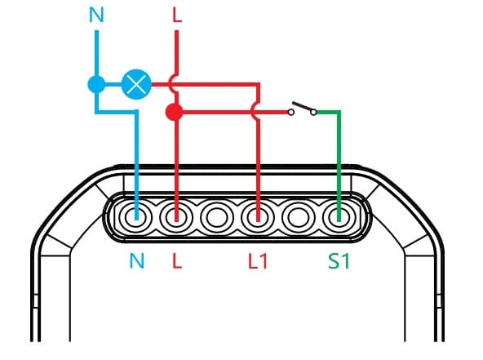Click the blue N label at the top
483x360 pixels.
[x=96, y=15]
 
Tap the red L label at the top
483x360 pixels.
[x=177, y=15]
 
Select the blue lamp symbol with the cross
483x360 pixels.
[x=136, y=84]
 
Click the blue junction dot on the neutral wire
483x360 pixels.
[x=97, y=84]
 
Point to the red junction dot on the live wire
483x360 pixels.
[x=175, y=112]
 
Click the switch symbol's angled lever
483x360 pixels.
[x=304, y=106]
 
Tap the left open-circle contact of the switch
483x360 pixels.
[x=290, y=112]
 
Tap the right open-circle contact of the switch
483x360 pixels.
[x=313, y=112]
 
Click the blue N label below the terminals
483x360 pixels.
[x=137, y=261]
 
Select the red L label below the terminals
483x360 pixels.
[x=177, y=261]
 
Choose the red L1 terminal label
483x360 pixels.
[x=258, y=261]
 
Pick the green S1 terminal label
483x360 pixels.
[x=339, y=261]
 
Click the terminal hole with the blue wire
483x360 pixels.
[x=136, y=217]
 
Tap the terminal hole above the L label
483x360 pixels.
[x=176, y=217]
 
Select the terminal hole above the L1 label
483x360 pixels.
[x=258, y=217]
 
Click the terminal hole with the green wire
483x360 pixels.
[x=339, y=217]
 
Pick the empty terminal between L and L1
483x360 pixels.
[x=217, y=217]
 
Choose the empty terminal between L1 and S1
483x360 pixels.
[x=298, y=217]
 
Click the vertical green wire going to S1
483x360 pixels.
[x=339, y=167]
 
